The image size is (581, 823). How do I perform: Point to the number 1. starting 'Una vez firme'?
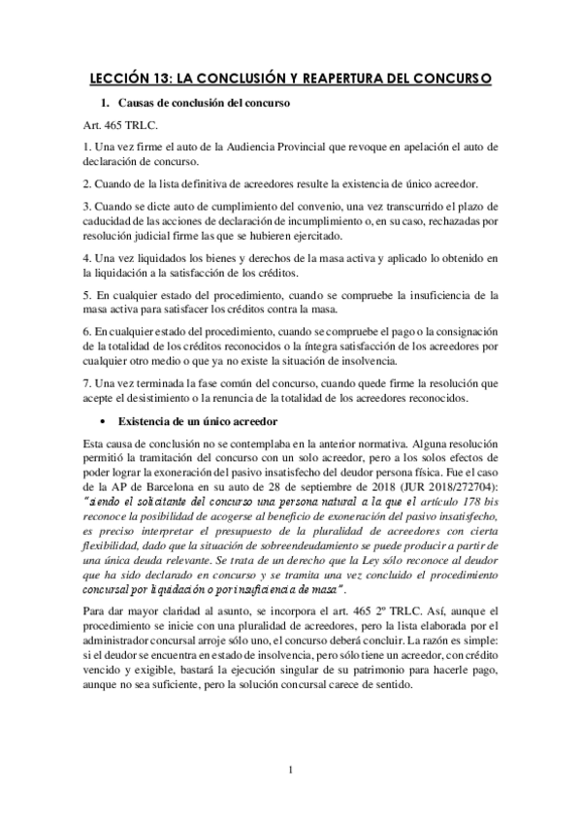click(87, 147)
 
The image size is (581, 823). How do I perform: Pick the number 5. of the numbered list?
click(87, 294)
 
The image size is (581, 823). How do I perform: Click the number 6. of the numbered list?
click(87, 330)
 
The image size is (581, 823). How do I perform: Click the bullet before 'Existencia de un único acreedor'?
click(104, 421)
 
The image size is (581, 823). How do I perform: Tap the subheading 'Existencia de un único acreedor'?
click(199, 421)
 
